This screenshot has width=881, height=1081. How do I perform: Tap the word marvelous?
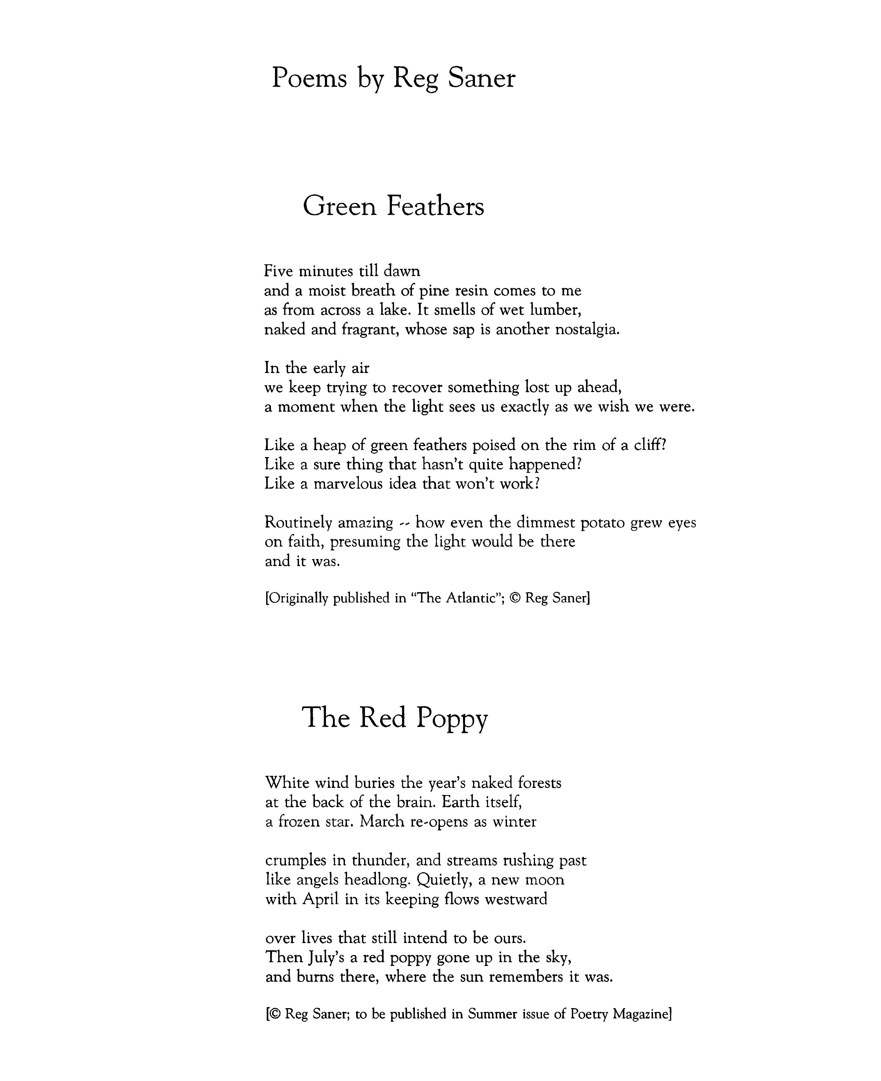[348, 484]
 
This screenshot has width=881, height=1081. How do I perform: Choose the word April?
[321, 899]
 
